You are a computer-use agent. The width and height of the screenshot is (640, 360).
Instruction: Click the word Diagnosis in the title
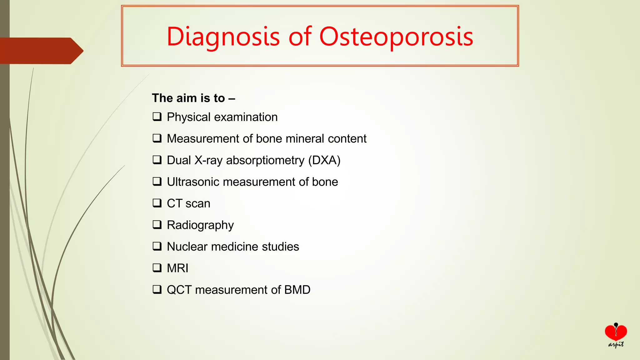click(x=223, y=37)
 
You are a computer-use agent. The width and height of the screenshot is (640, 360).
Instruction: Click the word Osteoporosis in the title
click(x=396, y=37)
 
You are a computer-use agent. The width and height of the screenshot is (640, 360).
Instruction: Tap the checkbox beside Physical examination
click(x=157, y=117)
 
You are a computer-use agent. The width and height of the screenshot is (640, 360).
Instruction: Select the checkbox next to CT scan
click(x=157, y=203)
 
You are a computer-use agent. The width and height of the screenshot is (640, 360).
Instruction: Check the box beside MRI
click(x=157, y=268)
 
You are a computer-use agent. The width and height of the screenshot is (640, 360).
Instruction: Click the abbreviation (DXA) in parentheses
click(x=324, y=160)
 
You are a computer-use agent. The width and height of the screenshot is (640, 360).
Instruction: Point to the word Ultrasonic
click(x=193, y=182)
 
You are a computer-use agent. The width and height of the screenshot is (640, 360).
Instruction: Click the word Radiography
click(x=200, y=225)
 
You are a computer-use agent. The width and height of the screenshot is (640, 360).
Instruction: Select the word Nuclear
click(x=187, y=247)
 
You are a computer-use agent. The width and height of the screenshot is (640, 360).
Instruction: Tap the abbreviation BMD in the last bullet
click(x=297, y=290)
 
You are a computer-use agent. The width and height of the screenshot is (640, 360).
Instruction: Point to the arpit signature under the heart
click(x=616, y=345)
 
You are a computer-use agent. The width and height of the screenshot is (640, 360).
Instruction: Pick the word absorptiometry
click(x=265, y=160)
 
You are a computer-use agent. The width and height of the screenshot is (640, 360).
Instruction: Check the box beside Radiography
click(x=157, y=225)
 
